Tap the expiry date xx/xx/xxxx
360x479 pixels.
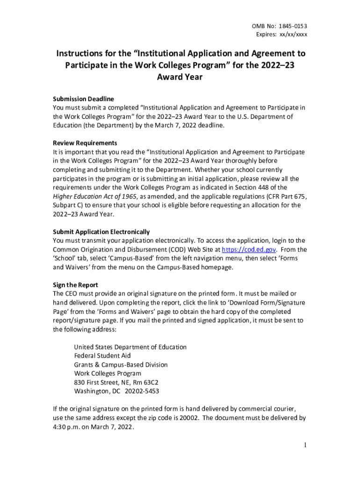tap(294, 35)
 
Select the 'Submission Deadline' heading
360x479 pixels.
tap(83, 99)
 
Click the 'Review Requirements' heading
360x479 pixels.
tap(85, 143)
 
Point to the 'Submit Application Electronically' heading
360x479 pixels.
tap(101, 232)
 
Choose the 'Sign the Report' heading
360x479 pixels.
tap(75, 285)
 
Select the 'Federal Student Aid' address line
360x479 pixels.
tap(102, 356)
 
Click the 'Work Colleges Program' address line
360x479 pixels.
tap(108, 373)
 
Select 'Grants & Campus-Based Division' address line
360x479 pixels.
tap(121, 365)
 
